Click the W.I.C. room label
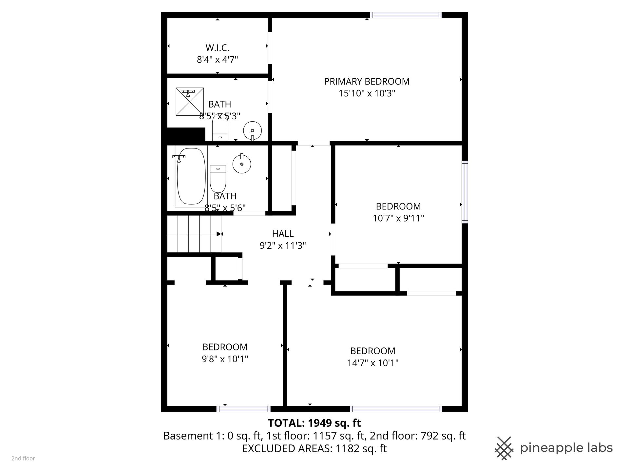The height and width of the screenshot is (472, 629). click(217, 48)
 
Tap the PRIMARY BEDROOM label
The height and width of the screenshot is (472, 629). click(367, 81)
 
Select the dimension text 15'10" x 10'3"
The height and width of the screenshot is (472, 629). click(367, 93)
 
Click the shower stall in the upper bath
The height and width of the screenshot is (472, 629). click(190, 102)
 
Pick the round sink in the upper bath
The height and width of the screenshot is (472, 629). click(253, 130)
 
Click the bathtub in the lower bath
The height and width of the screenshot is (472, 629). click(191, 177)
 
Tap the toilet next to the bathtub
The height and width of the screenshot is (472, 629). click(218, 179)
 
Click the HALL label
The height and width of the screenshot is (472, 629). click(283, 234)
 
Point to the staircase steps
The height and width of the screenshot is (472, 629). click(194, 234)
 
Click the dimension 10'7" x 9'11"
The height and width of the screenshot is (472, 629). click(398, 218)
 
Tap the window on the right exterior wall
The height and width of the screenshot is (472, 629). click(465, 192)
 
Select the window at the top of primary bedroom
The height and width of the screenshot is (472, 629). click(406, 15)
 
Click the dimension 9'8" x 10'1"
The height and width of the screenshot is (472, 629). click(225, 359)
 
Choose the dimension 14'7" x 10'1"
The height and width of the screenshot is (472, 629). click(373, 363)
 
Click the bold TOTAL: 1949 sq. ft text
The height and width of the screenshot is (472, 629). click(314, 423)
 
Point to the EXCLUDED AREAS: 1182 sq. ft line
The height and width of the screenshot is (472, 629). click(314, 448)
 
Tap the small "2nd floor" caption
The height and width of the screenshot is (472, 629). click(23, 459)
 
